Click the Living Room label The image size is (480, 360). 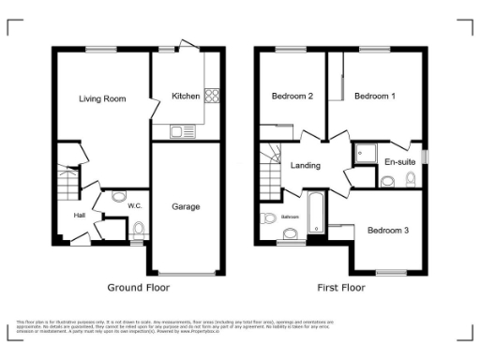tap(103, 97)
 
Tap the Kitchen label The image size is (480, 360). tap(186, 96)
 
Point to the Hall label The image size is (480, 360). tap(81, 216)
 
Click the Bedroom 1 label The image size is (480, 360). tap(380, 96)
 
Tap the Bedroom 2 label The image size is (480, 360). tap(292, 96)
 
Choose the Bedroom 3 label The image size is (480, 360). tap(386, 230)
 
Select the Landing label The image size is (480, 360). tap(306, 166)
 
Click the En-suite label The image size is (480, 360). tap(400, 162)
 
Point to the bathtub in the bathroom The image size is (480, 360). tap(315, 213)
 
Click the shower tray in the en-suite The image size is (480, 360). tap(364, 153)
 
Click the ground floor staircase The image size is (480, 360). tap(67, 187)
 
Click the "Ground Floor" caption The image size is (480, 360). tap(138, 287)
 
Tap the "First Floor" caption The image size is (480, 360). tap(340, 287)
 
